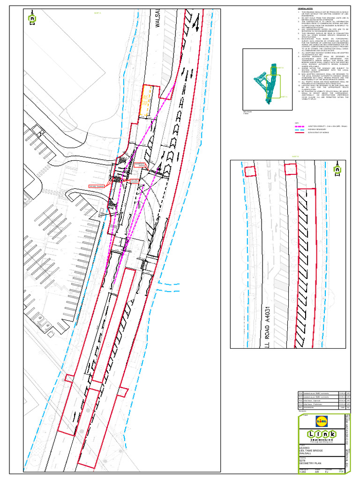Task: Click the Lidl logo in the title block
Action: pyautogui.click(x=322, y=421)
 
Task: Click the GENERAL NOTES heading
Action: pyautogui.click(x=305, y=8)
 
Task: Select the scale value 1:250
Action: pyautogui.click(x=303, y=472)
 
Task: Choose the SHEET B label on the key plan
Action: pyautogui.click(x=283, y=97)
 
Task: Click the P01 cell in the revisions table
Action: pyautogui.click(x=301, y=404)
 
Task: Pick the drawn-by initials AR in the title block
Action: pyautogui.click(x=317, y=472)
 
